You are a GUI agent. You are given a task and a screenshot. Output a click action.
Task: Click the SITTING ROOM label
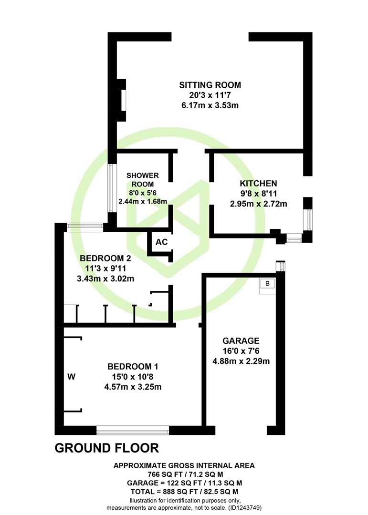pyautogui.click(x=210, y=85)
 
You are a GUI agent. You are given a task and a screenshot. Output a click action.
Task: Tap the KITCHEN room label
pyautogui.click(x=258, y=183)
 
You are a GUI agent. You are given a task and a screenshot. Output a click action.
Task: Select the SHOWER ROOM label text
pyautogui.click(x=142, y=180)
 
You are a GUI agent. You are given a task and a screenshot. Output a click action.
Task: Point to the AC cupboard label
pyautogui.click(x=161, y=242)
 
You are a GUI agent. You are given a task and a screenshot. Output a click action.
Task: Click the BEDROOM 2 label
pyautogui.click(x=105, y=258)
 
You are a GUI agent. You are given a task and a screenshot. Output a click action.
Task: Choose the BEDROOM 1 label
pyautogui.click(x=133, y=366)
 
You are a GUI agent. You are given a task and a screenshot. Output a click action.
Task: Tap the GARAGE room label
pyautogui.click(x=241, y=340)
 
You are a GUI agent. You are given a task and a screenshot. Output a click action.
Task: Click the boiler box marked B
pyautogui.click(x=267, y=283)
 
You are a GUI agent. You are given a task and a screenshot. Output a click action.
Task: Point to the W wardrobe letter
pyautogui.click(x=72, y=377)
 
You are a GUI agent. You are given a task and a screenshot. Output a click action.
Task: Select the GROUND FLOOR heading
pyautogui.click(x=106, y=448)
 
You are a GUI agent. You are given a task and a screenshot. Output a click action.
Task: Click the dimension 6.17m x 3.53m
pyautogui.click(x=210, y=105)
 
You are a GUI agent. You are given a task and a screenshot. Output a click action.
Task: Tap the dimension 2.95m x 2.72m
pyautogui.click(x=259, y=204)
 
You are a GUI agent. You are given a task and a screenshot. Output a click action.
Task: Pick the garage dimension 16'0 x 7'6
pyautogui.click(x=241, y=351)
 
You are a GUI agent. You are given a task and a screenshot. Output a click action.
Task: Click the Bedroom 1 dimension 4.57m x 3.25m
pyautogui.click(x=133, y=387)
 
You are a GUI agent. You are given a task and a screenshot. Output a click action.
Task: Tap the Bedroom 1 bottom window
pyautogui.click(x=133, y=430)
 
